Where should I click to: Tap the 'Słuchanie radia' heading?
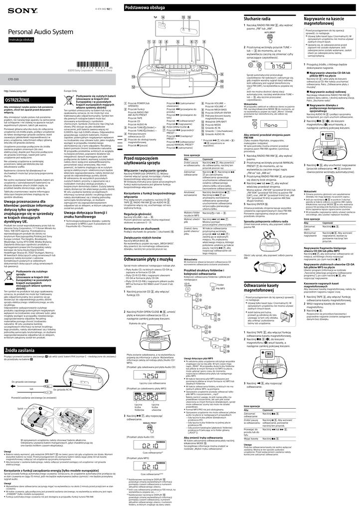(258, 18)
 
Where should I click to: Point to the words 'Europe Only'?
(71, 91)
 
